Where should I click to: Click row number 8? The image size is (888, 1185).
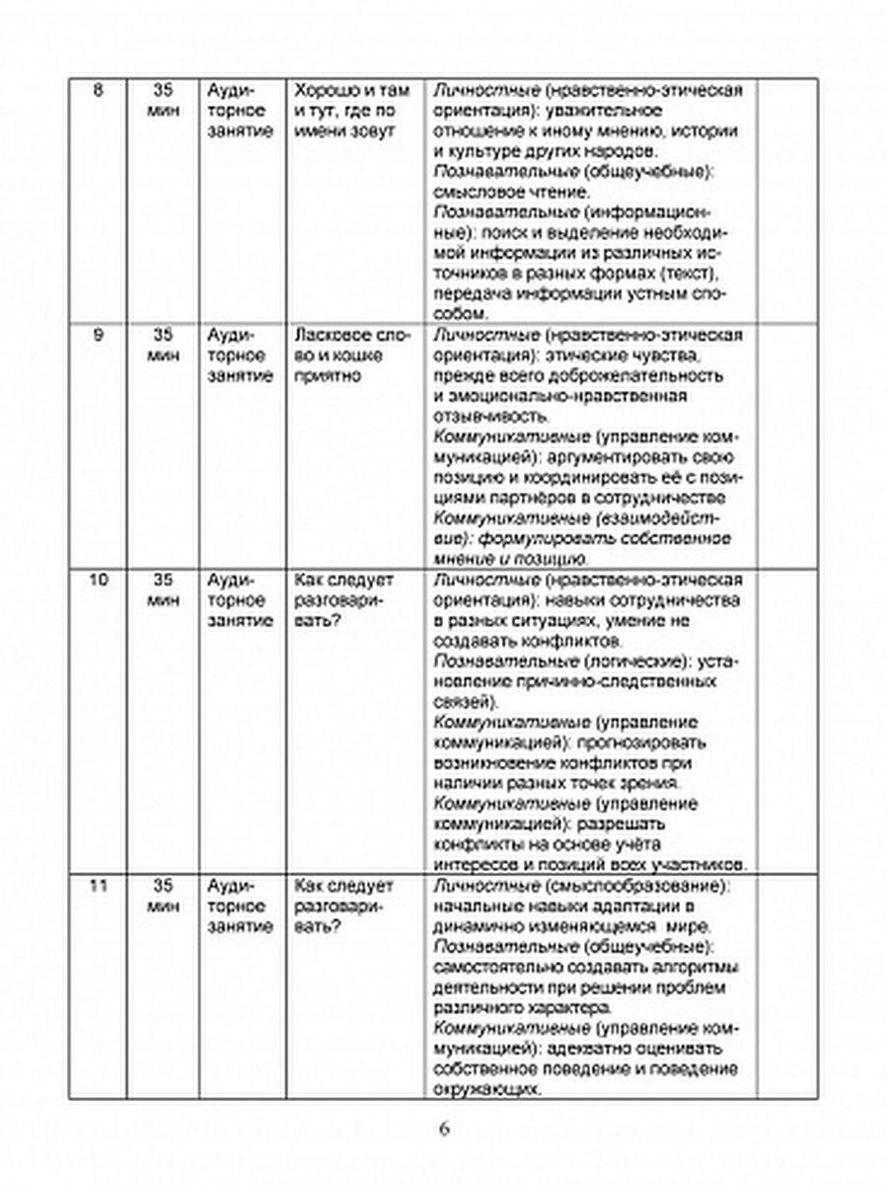tap(97, 92)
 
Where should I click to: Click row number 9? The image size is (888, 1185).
tap(97, 335)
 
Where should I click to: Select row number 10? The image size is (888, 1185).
tap(97, 579)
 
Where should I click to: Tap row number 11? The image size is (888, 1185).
tap(97, 885)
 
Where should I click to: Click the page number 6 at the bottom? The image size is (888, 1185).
tap(444, 1130)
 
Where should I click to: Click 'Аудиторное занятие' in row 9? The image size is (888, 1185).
tap(238, 355)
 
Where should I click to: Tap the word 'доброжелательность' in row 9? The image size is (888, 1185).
tap(631, 376)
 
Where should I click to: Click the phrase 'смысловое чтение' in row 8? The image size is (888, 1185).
tap(511, 192)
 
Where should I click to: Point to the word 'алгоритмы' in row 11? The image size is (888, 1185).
tap(703, 967)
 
